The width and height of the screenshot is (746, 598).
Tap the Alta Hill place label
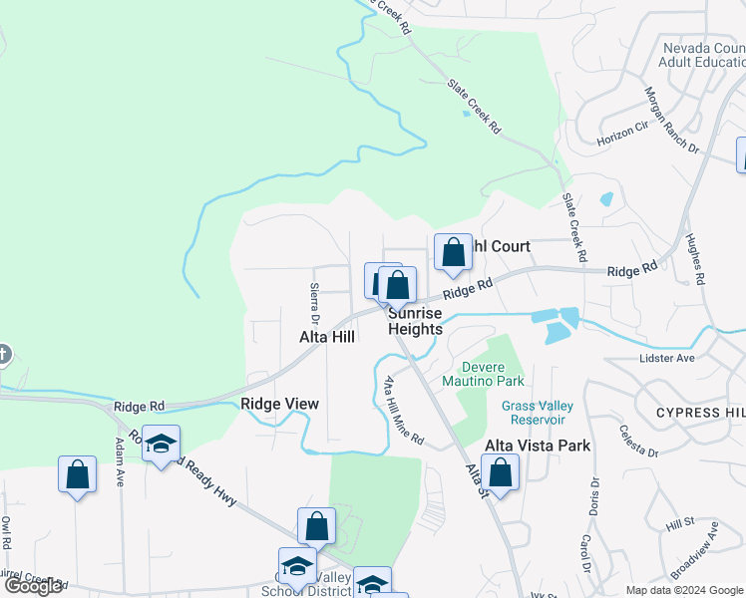(x=327, y=338)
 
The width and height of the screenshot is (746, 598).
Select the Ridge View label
(x=279, y=404)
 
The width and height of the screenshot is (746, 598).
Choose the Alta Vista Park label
(x=538, y=446)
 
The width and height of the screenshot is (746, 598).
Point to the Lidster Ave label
(x=667, y=358)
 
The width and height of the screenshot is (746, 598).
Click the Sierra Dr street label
(x=314, y=304)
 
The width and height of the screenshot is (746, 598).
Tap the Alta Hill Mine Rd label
(x=404, y=410)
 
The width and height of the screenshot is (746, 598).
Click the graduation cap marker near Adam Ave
(x=161, y=445)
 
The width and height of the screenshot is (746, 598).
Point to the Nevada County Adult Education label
(x=702, y=55)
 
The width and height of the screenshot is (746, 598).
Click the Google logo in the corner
(x=33, y=586)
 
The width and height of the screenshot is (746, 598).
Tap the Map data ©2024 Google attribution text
(x=684, y=590)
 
